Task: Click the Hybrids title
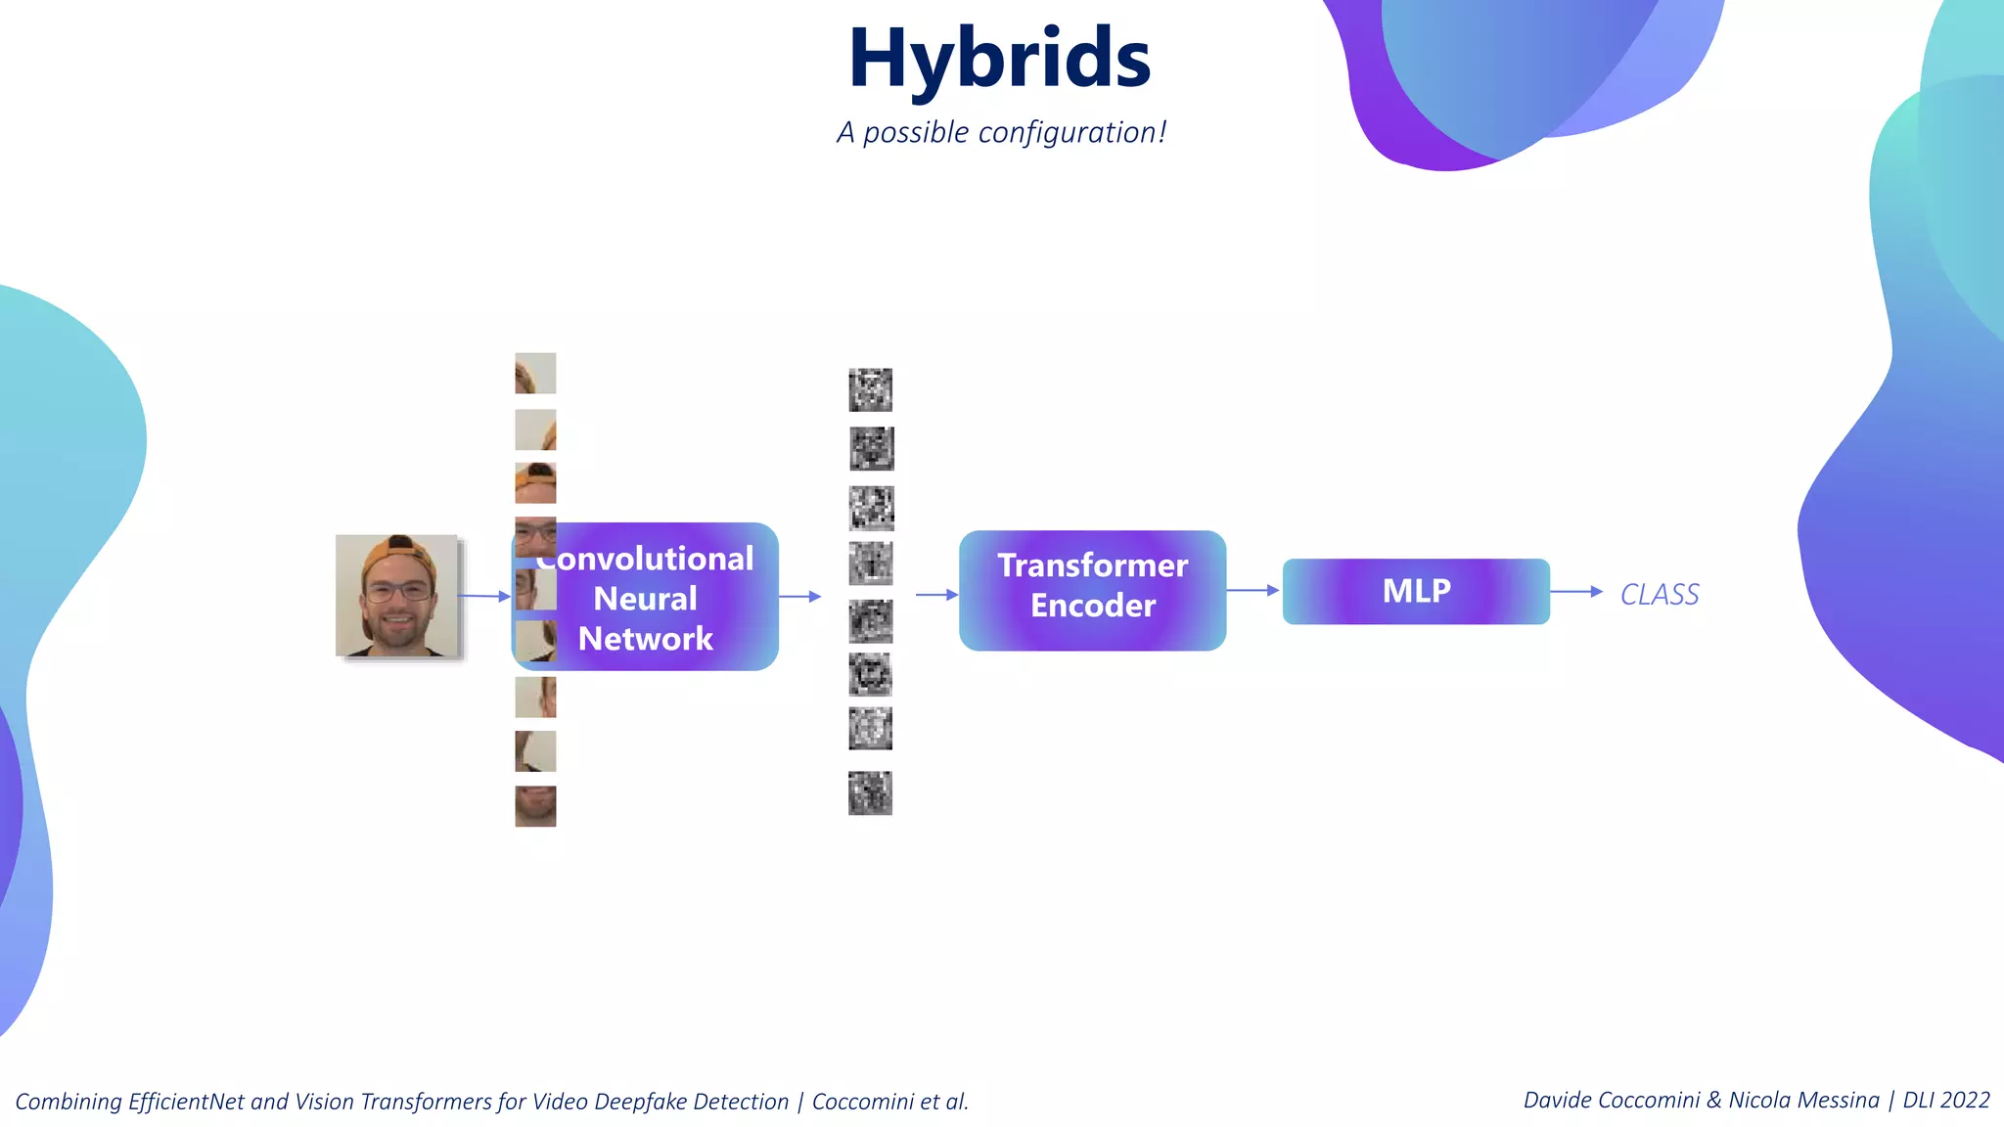point(999,59)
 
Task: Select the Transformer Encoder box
point(1092,590)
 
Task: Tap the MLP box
point(1415,591)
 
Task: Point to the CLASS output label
point(1660,594)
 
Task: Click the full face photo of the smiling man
point(396,595)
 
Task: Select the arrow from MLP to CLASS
point(1575,591)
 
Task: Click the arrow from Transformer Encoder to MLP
point(1252,590)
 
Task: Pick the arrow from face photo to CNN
point(484,596)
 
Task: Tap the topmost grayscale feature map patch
point(870,389)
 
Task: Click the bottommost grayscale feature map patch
point(870,792)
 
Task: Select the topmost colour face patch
point(535,373)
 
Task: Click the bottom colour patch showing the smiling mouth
point(535,806)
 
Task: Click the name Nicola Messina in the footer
point(1803,1100)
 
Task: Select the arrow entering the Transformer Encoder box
point(936,594)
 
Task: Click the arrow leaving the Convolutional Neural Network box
point(799,596)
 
